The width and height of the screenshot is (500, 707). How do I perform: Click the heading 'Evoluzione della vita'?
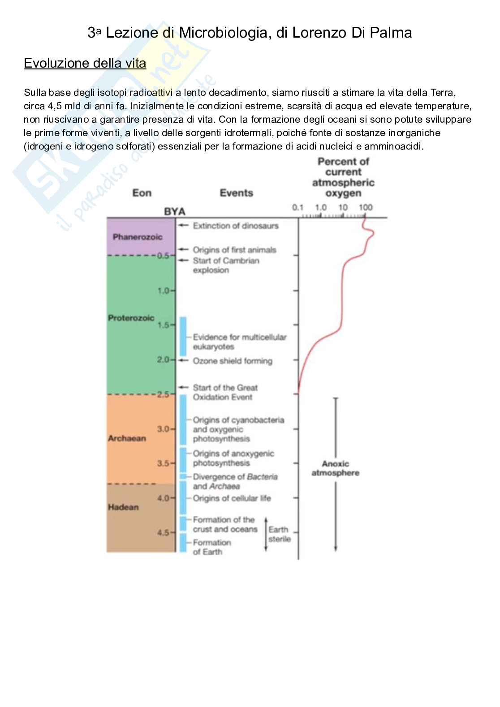click(85, 63)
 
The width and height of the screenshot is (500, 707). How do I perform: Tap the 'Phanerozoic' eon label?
click(137, 237)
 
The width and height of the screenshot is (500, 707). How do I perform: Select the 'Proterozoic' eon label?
click(131, 318)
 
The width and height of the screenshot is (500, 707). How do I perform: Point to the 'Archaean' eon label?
click(127, 438)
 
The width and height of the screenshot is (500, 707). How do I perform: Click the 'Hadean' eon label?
click(123, 507)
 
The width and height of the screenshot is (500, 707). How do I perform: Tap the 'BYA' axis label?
click(174, 211)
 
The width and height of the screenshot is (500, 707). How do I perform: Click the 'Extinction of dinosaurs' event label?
click(235, 226)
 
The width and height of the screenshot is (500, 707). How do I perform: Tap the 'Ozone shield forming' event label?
click(232, 361)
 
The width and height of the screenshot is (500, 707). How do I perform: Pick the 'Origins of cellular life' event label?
click(232, 498)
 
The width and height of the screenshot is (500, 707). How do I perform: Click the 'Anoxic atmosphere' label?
click(335, 468)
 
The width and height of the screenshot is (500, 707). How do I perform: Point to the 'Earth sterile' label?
click(279, 534)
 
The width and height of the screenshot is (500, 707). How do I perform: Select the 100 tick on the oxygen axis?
click(366, 207)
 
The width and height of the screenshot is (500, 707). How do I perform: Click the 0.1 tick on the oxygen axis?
click(298, 207)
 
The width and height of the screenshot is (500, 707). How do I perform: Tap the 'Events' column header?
click(236, 193)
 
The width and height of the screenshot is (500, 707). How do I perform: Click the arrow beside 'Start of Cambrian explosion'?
click(183, 261)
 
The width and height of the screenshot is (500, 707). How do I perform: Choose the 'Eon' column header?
click(142, 193)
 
